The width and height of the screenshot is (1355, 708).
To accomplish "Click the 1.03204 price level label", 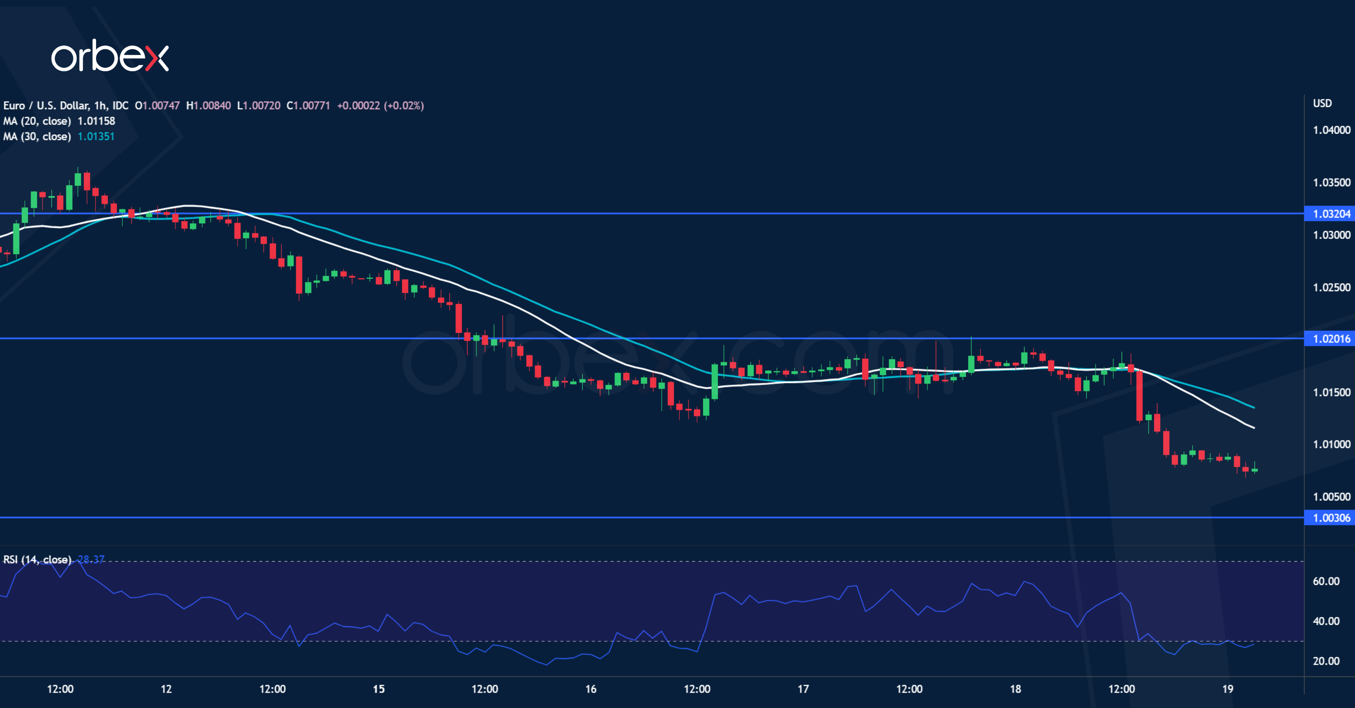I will [x=1331, y=213].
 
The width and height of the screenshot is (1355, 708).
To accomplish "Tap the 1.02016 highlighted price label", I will [x=1331, y=339].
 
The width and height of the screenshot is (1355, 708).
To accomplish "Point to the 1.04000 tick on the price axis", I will [x=1331, y=130].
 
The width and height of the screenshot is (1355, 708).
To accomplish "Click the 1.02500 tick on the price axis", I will [x=1331, y=287].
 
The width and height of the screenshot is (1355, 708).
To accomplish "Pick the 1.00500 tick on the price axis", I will [x=1331, y=496].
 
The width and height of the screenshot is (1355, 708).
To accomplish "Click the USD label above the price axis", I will [x=1322, y=103].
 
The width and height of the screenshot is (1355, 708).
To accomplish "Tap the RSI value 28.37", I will [x=91, y=559].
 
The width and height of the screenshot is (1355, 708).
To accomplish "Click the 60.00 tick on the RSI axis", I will [x=1326, y=581].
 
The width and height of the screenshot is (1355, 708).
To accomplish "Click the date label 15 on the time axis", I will [x=379, y=689].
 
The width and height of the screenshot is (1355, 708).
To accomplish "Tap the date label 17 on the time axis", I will [x=803, y=689].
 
